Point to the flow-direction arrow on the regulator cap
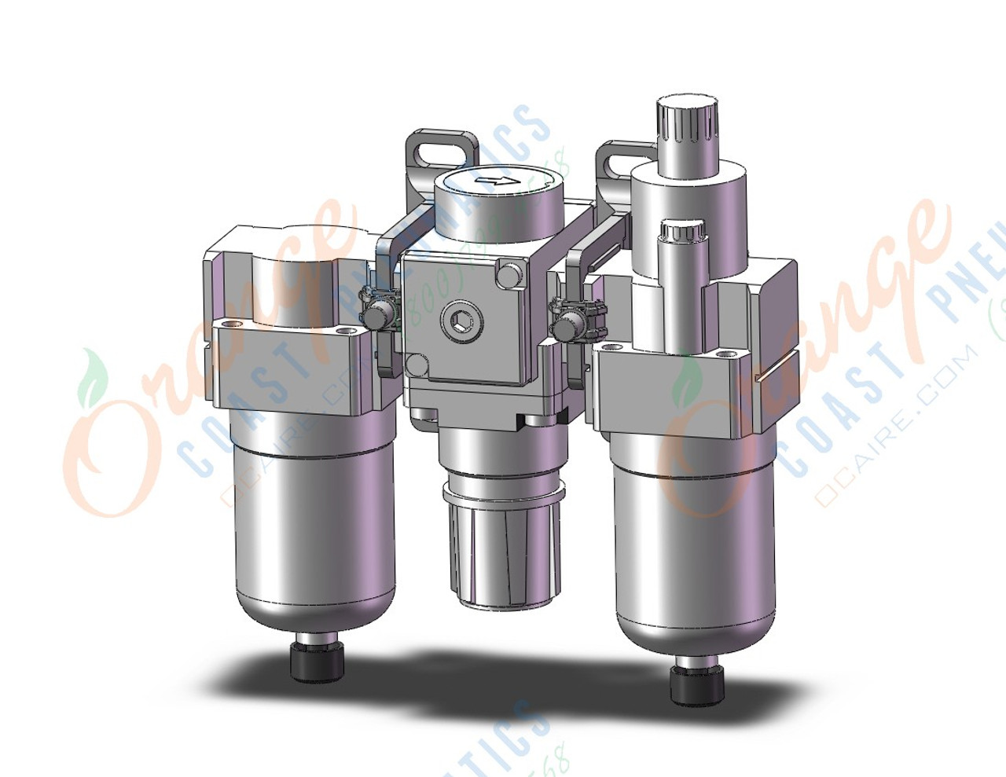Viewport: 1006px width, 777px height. point(496,182)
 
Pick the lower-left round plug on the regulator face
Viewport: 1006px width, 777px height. point(417,365)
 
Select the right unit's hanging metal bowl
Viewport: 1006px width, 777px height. point(696,550)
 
